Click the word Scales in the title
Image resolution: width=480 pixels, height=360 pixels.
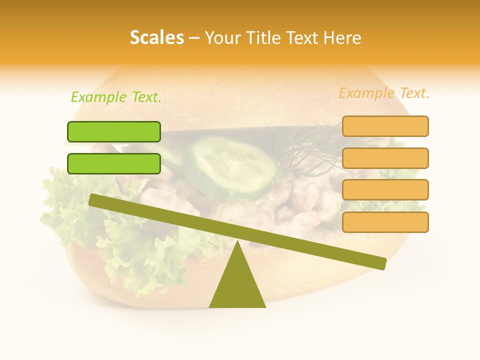coord(156,37)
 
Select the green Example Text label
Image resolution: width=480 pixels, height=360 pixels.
coord(116,97)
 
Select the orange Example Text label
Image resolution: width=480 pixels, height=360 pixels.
coord(384,93)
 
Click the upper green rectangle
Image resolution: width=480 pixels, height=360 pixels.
coord(114,131)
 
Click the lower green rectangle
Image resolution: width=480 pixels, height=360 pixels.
coord(114,163)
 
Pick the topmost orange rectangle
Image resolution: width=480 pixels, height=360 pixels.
coord(385,126)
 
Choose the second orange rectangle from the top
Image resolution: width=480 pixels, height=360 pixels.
coord(385,158)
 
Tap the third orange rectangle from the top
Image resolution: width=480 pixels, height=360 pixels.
coord(385,189)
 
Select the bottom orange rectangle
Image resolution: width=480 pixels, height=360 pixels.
coord(385,222)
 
